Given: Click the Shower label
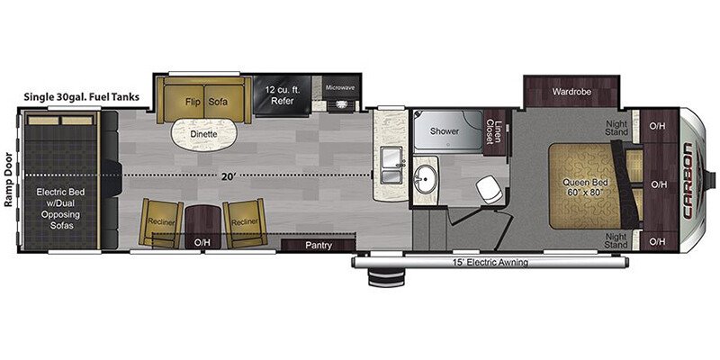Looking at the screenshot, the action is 444,131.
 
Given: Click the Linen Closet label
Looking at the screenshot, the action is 493,131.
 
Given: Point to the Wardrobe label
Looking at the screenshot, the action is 571,92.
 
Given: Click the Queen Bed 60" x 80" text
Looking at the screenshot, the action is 582,187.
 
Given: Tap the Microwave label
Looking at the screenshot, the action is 340,87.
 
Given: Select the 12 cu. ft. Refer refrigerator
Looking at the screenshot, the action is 282,95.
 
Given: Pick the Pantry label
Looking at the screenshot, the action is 319,245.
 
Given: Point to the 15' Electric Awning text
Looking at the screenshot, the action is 489,263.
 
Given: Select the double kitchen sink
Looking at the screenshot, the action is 391,166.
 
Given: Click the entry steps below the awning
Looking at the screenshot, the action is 386,279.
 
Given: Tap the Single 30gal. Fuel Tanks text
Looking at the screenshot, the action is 82,97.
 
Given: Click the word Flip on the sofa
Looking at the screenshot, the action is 193,102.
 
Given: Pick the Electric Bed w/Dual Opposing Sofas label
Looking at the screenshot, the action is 61,209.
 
